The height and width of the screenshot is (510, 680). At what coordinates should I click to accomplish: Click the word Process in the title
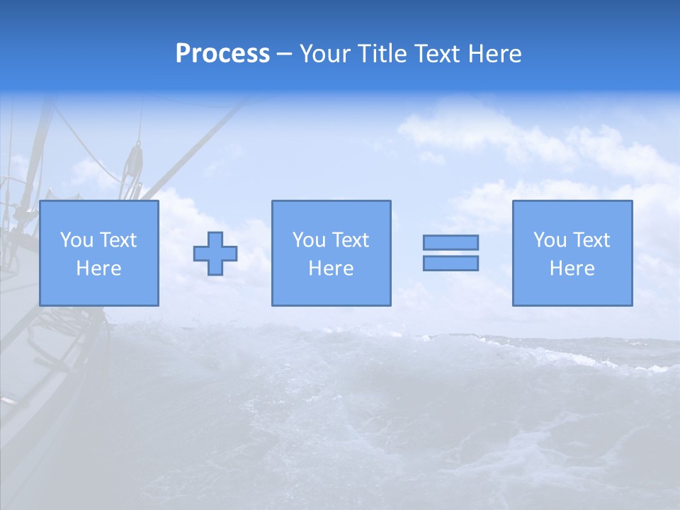[x=222, y=54]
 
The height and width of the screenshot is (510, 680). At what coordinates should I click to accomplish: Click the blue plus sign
[x=215, y=253]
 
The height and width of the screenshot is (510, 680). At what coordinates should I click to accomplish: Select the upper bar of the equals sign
[x=450, y=242]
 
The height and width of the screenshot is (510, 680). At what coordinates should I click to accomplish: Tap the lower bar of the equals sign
[x=450, y=263]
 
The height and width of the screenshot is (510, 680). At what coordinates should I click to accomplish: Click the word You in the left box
[x=76, y=240]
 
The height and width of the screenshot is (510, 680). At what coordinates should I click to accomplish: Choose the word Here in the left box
[x=98, y=268]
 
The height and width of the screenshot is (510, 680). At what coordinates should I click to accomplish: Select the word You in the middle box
[x=309, y=240]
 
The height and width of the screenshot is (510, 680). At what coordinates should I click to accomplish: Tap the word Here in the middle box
[x=331, y=268]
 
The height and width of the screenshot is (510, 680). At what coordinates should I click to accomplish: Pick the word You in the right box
[x=550, y=240]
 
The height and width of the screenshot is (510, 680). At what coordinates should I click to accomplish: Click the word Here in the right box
[x=572, y=268]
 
